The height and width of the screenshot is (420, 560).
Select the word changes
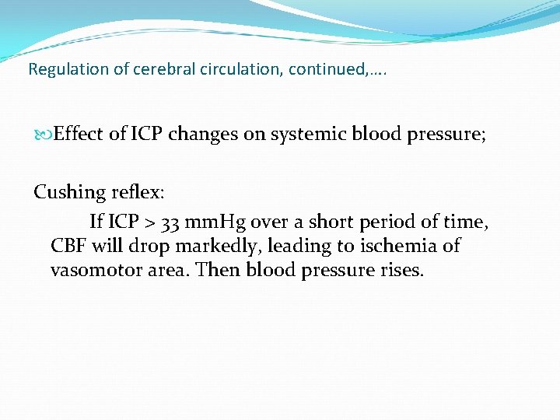coord(204,134)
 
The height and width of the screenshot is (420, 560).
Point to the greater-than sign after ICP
coord(151,222)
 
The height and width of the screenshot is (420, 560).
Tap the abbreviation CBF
coord(69,246)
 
